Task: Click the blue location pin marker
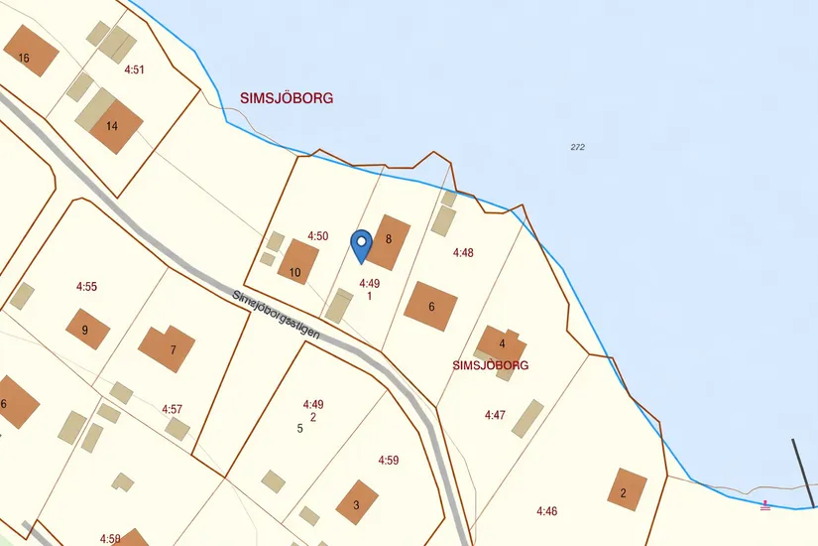point(362,244)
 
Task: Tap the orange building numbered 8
point(388,241)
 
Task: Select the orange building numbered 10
point(297,264)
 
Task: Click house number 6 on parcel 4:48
point(431,306)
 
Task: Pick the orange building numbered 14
point(115,125)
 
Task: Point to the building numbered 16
point(27,53)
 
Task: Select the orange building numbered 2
point(626,490)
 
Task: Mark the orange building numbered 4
point(501,345)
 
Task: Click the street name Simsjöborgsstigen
point(277,316)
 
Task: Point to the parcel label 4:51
point(135,69)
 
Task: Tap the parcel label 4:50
point(317,236)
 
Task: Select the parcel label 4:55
point(87,286)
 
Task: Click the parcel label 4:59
point(388,461)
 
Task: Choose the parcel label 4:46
point(547,511)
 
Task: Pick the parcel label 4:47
point(495,414)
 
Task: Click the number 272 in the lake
point(578,147)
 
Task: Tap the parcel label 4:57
point(173,409)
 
